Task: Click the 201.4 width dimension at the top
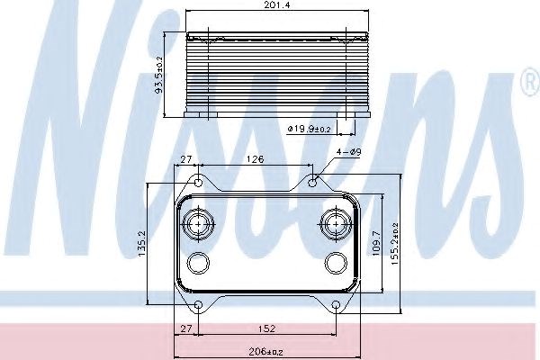coord(277,4)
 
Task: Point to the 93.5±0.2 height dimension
coord(160,75)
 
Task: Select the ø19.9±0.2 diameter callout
coord(309,129)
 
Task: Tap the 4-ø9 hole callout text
coord(349,152)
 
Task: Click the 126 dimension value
coord(256,159)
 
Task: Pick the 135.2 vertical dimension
coord(142,244)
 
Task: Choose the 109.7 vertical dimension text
coord(376,243)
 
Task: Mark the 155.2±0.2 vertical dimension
coord(395,244)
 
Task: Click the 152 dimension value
coord(267,328)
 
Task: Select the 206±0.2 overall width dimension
coord(265,352)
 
